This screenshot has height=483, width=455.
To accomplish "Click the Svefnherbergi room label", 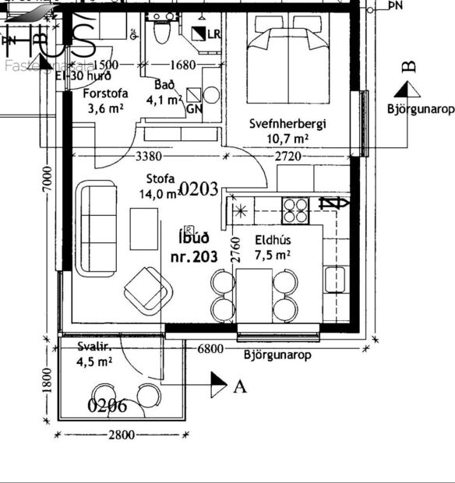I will point(287,124).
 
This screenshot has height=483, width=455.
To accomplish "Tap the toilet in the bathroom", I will point(163,32).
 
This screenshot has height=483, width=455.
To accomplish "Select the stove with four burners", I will point(295,208).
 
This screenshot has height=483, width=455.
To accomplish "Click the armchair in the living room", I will point(147,292).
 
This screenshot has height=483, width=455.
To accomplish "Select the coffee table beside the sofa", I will point(143,227).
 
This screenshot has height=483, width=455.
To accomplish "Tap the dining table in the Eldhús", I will point(254,294).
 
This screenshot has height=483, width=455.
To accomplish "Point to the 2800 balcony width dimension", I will point(121,435).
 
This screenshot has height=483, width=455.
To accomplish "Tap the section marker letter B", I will point(408,67).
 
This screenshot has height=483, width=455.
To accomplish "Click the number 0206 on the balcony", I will point(108,405).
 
